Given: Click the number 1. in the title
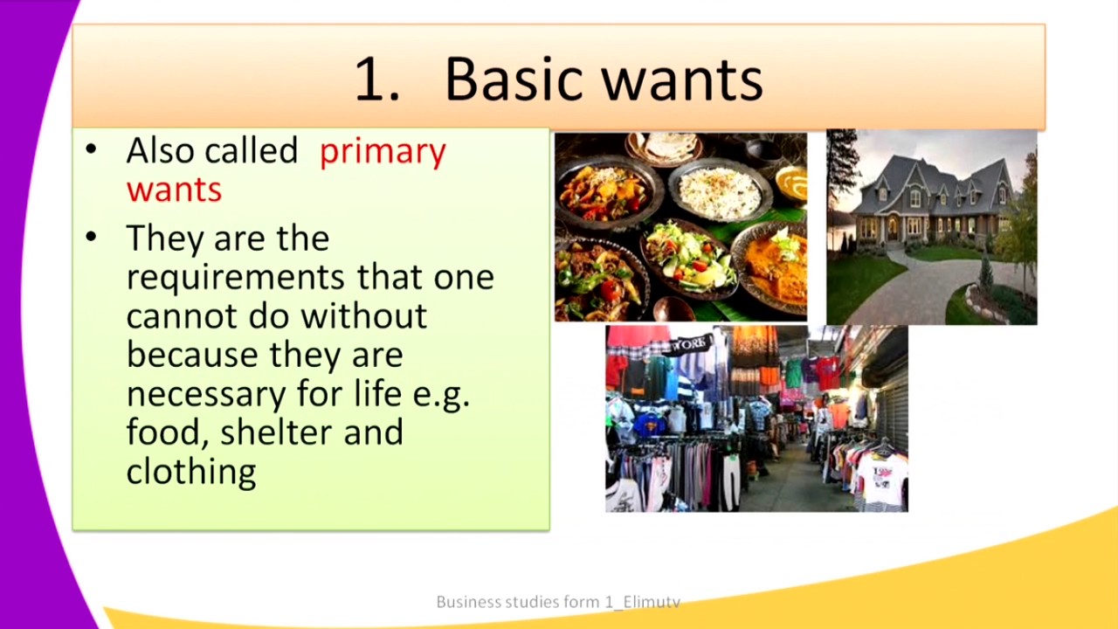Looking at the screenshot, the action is pyautogui.click(x=377, y=79).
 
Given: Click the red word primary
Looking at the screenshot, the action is pyautogui.click(x=383, y=152).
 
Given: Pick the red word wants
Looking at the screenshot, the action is pyautogui.click(x=174, y=190).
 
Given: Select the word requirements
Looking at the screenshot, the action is pyautogui.click(x=236, y=279).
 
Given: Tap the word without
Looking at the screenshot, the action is pyautogui.click(x=364, y=315).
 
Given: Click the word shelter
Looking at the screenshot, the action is pyautogui.click(x=277, y=432).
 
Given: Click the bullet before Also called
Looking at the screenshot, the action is pyautogui.click(x=91, y=149).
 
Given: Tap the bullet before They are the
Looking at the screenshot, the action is pyautogui.click(x=91, y=237).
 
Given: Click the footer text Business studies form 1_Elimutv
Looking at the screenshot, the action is pyautogui.click(x=558, y=602).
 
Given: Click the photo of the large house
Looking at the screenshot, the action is pyautogui.click(x=932, y=227).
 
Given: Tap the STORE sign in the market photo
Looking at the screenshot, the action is pyautogui.click(x=690, y=343).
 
